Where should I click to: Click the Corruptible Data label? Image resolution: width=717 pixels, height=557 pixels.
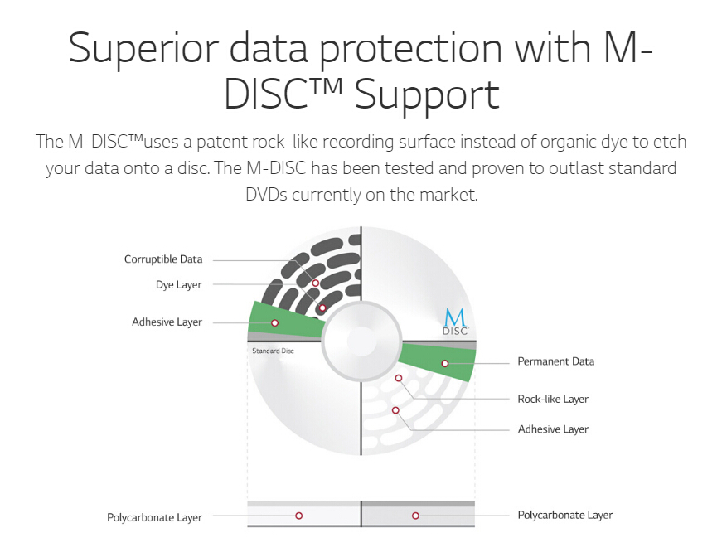(x=163, y=259)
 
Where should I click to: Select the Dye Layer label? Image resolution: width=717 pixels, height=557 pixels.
(x=179, y=285)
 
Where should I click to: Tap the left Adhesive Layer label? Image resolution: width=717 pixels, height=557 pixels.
(x=167, y=322)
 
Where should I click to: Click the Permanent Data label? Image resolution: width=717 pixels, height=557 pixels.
(x=555, y=361)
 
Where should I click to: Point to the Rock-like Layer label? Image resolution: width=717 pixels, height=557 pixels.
(x=553, y=399)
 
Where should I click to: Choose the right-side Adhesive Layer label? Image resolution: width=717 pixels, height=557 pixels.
(x=553, y=429)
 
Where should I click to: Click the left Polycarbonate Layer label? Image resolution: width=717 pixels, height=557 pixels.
(x=154, y=517)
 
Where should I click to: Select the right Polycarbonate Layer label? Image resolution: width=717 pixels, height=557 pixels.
(x=564, y=515)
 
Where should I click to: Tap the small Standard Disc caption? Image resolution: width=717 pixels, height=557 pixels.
(x=273, y=351)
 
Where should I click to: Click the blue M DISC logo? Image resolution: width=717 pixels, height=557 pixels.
(x=455, y=322)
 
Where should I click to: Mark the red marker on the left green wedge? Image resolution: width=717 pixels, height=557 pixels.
(x=275, y=323)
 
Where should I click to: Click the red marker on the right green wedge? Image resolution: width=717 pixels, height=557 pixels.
(x=445, y=364)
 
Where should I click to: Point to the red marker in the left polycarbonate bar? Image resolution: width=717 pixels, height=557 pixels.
(x=298, y=516)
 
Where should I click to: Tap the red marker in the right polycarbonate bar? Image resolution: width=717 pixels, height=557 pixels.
(x=415, y=516)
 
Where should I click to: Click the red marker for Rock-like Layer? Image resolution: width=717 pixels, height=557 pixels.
(x=398, y=378)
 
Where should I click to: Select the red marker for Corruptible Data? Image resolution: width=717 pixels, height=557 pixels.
(x=316, y=283)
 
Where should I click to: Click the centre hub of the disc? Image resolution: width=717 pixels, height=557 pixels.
(x=361, y=341)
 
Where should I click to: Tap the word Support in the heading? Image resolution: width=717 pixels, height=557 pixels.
(x=427, y=95)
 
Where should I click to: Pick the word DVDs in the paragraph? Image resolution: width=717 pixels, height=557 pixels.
(x=266, y=195)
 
